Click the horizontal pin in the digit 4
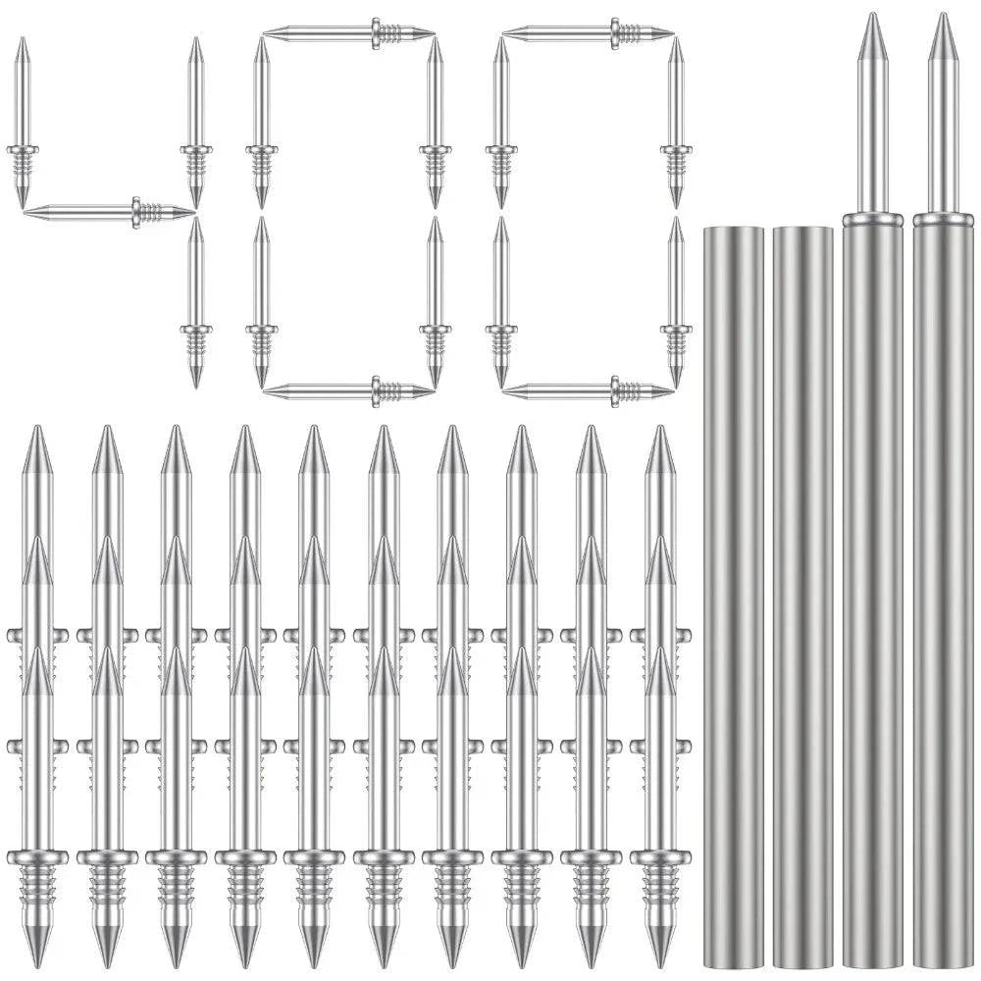(110, 213)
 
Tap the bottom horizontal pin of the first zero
(349, 391)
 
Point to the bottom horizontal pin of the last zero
(588, 391)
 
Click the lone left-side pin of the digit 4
(23, 123)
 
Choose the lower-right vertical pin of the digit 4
(196, 302)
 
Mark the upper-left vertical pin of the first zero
(262, 123)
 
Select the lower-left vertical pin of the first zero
(262, 302)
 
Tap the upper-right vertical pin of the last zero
(676, 123)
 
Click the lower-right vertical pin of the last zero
(676, 302)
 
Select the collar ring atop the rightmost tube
(943, 220)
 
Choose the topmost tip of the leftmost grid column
(37, 429)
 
